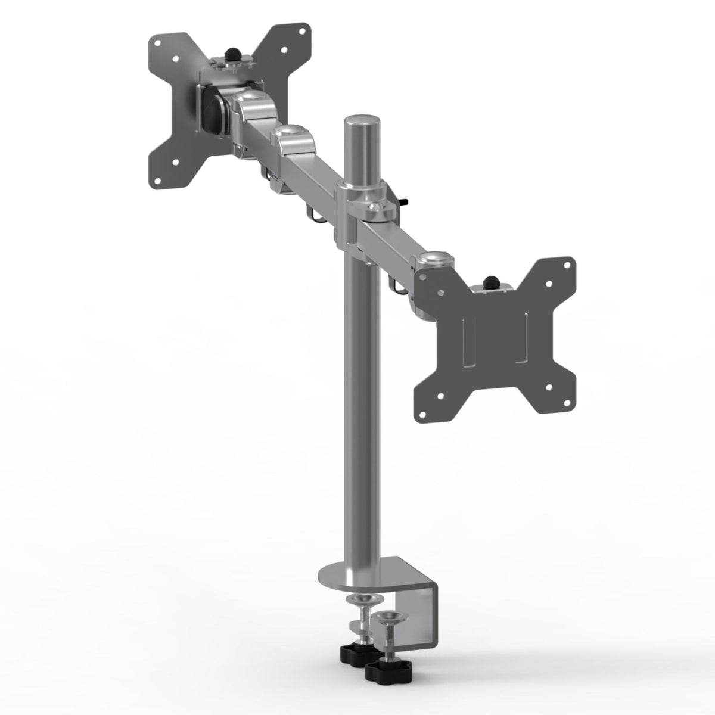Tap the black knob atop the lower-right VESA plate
pyautogui.click(x=492, y=281)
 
